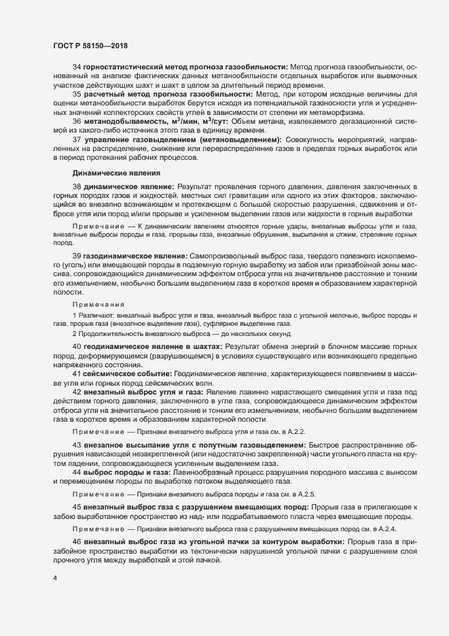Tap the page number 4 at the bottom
55,578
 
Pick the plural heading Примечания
98,305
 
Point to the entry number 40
77,346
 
